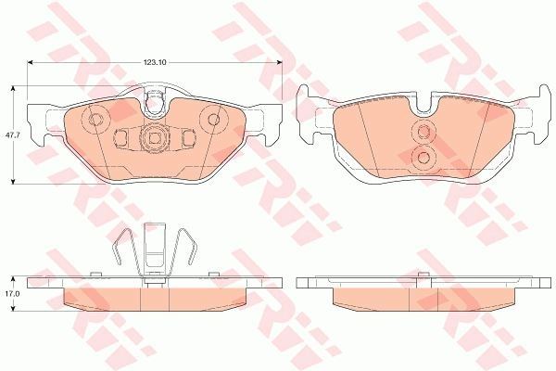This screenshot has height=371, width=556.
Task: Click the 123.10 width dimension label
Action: pyautogui.click(x=155, y=62)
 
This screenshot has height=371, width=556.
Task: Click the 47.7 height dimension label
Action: pyautogui.click(x=10, y=135)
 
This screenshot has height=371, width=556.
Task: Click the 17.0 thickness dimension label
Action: pyautogui.click(x=9, y=294)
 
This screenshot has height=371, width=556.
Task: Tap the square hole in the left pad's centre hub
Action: pyautogui.click(x=154, y=138)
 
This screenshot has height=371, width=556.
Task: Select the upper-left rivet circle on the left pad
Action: pyautogui.click(x=95, y=120)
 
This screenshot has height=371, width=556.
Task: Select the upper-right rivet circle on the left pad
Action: pyautogui.click(x=213, y=120)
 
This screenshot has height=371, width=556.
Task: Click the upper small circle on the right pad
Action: pyautogui.click(x=423, y=132)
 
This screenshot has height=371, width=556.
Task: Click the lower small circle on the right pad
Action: pyautogui.click(x=423, y=156)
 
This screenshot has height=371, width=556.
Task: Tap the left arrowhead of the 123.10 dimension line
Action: pyautogui.click(x=31, y=62)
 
